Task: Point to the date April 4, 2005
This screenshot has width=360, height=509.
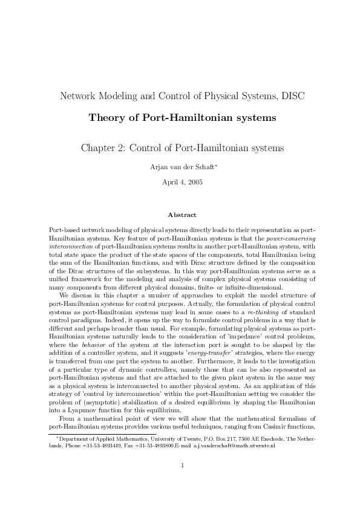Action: [180, 181]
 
